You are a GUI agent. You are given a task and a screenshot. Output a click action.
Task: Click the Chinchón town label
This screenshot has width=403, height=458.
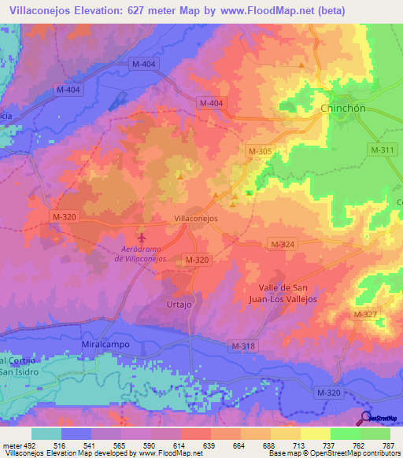[346, 108]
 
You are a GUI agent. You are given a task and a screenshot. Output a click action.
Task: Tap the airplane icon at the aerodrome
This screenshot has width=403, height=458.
[142, 236]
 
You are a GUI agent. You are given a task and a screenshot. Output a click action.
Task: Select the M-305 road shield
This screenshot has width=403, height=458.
[259, 150]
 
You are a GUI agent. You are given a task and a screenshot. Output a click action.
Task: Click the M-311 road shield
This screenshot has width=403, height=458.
[383, 149]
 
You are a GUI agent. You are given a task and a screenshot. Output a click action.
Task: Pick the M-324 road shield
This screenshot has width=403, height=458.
[281, 246]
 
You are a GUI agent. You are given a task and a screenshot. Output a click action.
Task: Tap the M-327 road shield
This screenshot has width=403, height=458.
[366, 315]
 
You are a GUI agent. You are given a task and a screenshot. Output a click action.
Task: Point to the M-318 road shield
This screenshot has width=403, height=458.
[244, 345]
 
